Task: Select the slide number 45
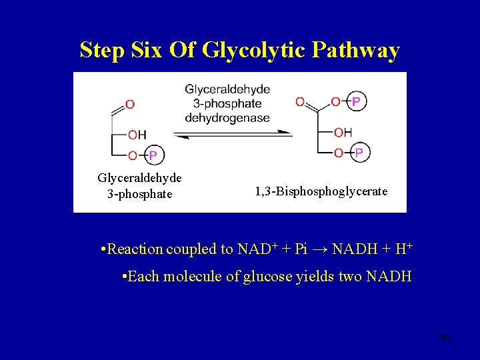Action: click(445, 338)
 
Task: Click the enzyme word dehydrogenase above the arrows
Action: click(227, 118)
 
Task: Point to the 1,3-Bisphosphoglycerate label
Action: click(321, 191)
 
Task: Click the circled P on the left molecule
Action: click(152, 155)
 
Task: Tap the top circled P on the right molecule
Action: click(357, 101)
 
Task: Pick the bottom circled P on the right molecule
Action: click(359, 153)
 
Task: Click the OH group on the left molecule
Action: click(137, 135)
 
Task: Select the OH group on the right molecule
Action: click(343, 132)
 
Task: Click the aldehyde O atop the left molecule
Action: click(129, 104)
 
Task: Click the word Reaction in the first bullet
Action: click(135, 249)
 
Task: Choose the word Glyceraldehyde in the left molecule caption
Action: click(140, 179)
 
